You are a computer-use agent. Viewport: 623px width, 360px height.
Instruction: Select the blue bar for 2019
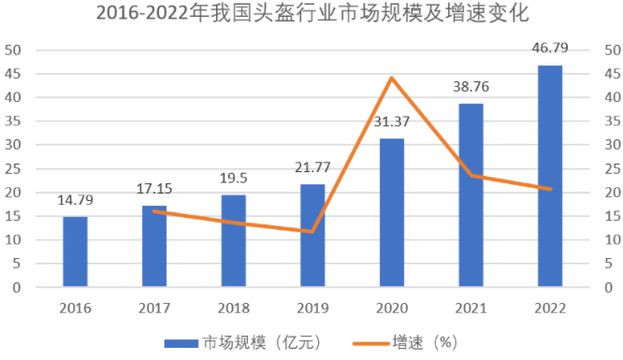tap(312, 235)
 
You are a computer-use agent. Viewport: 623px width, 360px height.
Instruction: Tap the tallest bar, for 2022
tap(550, 176)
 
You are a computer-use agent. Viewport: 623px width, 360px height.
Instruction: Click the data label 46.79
tap(550, 50)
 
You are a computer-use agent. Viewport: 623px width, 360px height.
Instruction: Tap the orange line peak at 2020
tap(392, 78)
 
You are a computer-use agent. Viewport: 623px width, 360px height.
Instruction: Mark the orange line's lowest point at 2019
tap(312, 231)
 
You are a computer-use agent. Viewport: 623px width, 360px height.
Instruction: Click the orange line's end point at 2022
tap(550, 189)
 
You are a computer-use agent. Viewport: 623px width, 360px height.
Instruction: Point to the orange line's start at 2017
tap(154, 211)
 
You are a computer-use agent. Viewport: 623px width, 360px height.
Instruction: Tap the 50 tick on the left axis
tap(16, 50)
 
